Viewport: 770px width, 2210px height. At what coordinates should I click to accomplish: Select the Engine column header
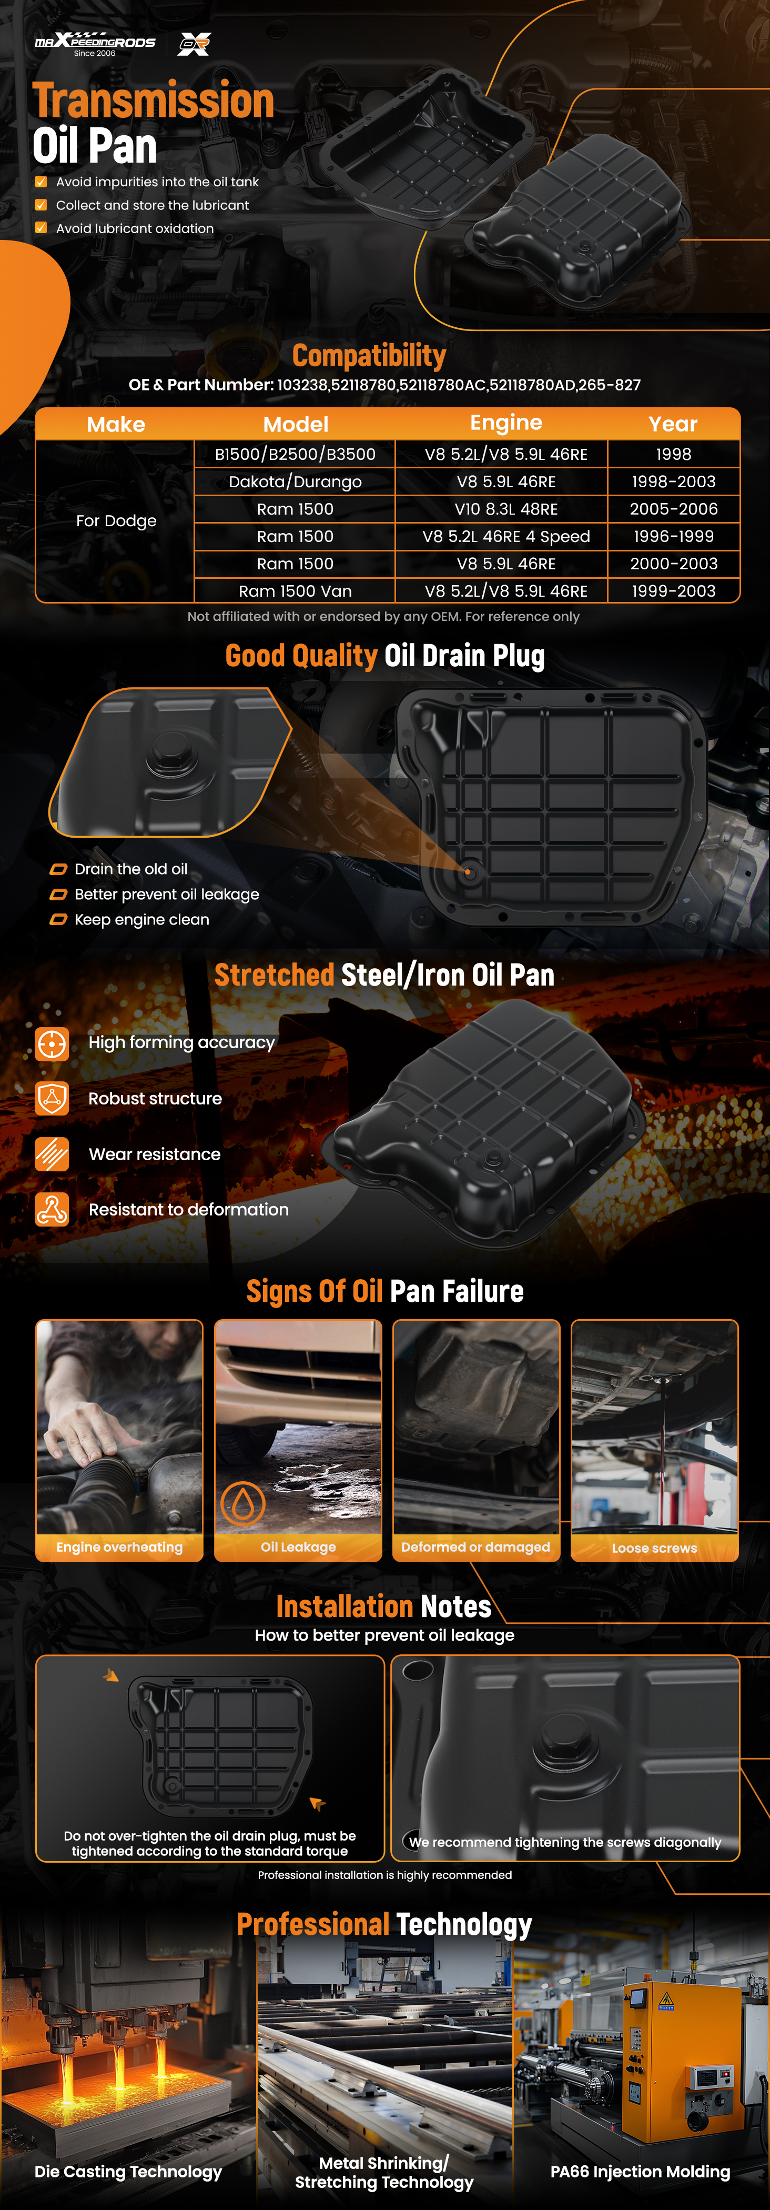[x=506, y=423]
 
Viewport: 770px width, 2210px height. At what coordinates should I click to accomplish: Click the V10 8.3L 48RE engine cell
[x=506, y=509]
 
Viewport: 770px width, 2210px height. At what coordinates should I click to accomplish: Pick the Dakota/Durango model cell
[x=295, y=481]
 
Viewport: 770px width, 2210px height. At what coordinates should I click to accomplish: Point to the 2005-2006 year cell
[x=674, y=509]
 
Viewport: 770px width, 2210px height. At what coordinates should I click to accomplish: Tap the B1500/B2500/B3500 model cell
[x=295, y=454]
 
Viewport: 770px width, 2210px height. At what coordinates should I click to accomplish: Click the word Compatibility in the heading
[x=370, y=355]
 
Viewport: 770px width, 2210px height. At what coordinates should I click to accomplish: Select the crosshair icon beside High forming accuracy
[x=52, y=1044]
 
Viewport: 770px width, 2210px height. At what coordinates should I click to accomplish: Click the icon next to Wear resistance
[x=52, y=1154]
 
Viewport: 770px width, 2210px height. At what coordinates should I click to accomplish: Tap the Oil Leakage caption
[x=298, y=1547]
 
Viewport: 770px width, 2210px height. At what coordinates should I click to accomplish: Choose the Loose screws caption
[x=654, y=1548]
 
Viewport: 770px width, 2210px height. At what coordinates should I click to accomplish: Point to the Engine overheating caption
[x=119, y=1547]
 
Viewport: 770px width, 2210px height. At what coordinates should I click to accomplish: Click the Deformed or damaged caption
[x=476, y=1547]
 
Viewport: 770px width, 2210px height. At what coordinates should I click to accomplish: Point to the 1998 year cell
[x=674, y=454]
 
